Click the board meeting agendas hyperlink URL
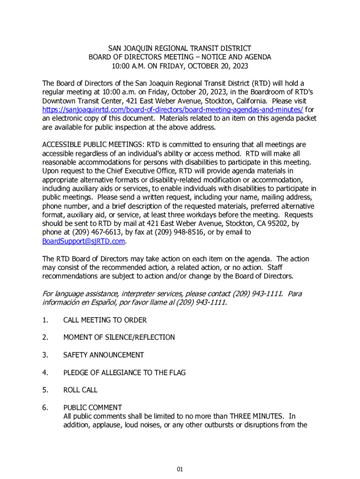click(173, 109)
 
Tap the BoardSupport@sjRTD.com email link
click(84, 241)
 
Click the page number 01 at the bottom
click(180, 469)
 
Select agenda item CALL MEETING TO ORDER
click(105, 320)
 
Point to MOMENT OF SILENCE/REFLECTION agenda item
click(119, 338)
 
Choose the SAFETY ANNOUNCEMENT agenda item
click(103, 356)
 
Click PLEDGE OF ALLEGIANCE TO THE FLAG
click(124, 373)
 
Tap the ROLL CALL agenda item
click(80, 390)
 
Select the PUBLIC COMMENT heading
click(93, 407)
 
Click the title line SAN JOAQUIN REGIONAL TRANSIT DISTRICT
click(180, 48)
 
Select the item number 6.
click(45, 407)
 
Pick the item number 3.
click(45, 356)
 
